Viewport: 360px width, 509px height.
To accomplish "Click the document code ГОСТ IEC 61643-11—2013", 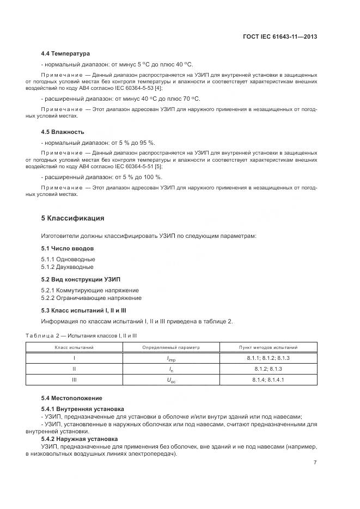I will [x=279, y=36].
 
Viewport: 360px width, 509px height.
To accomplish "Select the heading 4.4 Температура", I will [x=65, y=54].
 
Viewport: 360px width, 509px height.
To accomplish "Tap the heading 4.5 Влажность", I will [x=62, y=132].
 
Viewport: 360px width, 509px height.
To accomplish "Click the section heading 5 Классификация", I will [x=72, y=218].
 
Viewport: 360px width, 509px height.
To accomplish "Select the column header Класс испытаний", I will [x=74, y=347].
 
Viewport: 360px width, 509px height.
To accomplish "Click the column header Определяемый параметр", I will [x=172, y=347].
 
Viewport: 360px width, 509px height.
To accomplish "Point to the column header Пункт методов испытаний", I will [x=269, y=347].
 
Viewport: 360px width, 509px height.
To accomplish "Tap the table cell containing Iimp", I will [x=172, y=359].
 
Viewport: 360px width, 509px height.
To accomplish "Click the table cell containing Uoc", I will [x=172, y=380].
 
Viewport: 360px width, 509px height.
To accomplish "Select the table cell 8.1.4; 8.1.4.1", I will [x=269, y=380].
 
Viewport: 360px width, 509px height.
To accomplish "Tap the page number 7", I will [x=315, y=462].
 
